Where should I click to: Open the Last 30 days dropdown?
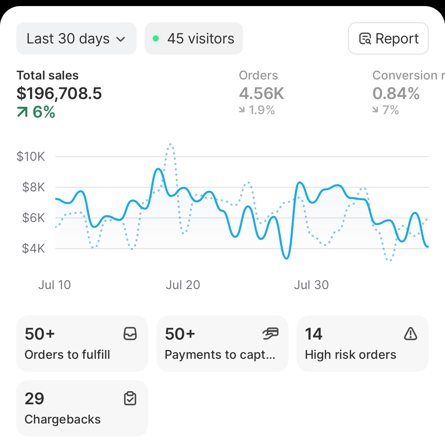76,38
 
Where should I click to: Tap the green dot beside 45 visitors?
156,38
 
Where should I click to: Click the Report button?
388,38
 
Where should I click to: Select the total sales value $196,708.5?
59,93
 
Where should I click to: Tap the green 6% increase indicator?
36,112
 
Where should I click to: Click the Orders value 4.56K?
262,93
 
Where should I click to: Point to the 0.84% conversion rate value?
396,93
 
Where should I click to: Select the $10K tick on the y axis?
31,157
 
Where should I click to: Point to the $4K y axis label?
33,249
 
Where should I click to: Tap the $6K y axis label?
33,218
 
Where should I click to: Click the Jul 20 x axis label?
183,285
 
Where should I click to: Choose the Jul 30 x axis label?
311,285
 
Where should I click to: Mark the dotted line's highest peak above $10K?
171,144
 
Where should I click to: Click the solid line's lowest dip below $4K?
286,258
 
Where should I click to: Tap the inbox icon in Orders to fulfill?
130,334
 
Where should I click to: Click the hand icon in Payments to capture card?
270,334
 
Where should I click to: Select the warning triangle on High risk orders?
410,334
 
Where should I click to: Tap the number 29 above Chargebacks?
34,399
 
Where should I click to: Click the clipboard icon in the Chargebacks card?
130,398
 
